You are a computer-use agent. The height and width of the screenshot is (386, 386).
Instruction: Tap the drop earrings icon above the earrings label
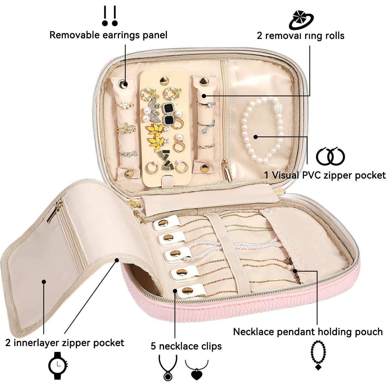click(x=110, y=16)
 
